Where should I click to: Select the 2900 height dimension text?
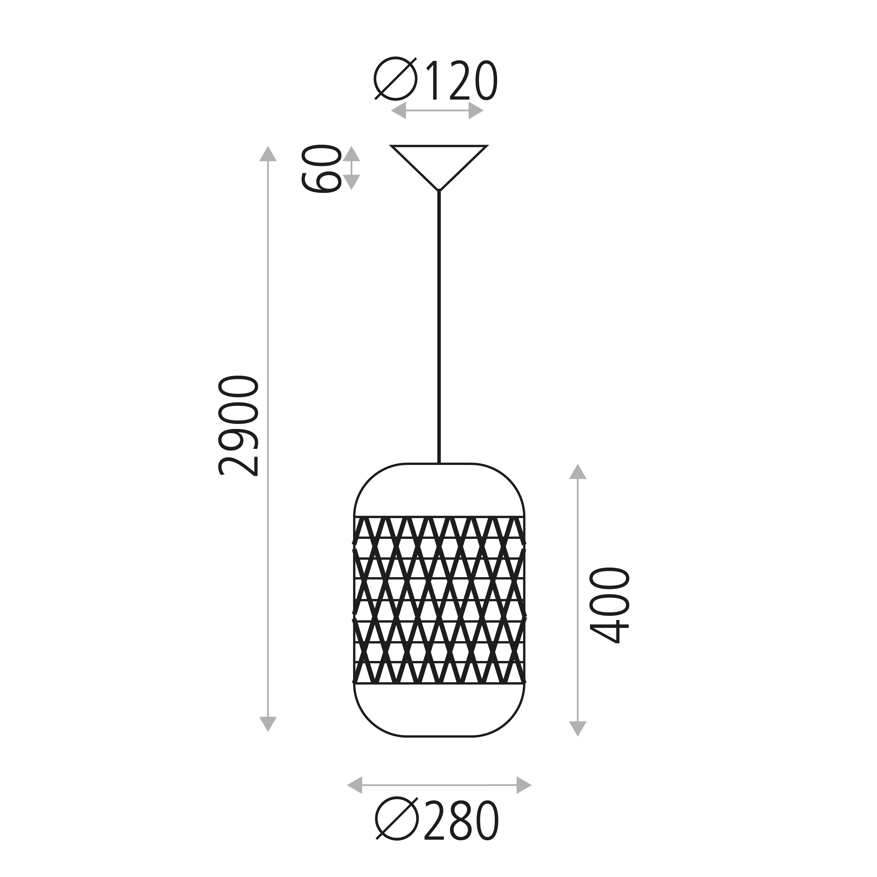pyautogui.click(x=238, y=425)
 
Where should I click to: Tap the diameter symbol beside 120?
pyautogui.click(x=395, y=78)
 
